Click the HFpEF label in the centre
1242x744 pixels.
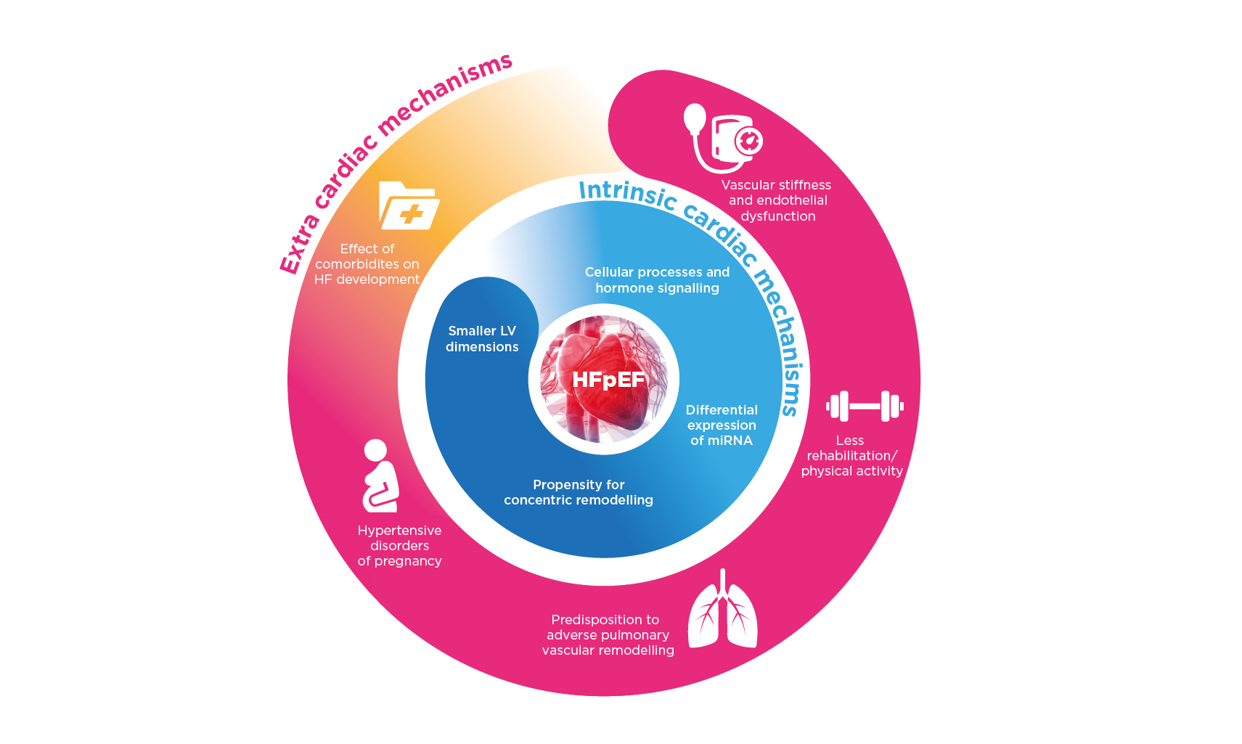coord(608,380)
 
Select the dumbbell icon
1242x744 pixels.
coord(865,406)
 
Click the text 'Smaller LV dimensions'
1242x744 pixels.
coord(482,339)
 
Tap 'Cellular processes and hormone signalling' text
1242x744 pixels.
coord(657,280)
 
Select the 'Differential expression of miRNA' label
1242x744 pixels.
coord(722,425)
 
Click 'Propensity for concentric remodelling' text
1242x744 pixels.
coord(579,492)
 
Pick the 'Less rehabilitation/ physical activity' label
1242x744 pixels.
coord(851,456)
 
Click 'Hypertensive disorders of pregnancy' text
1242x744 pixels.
coord(399,546)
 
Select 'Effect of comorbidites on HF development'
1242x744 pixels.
coord(367,264)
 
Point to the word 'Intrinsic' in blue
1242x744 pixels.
coord(627,192)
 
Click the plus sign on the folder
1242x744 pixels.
coord(412,213)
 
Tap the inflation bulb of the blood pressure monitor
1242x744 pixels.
coord(695,118)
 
